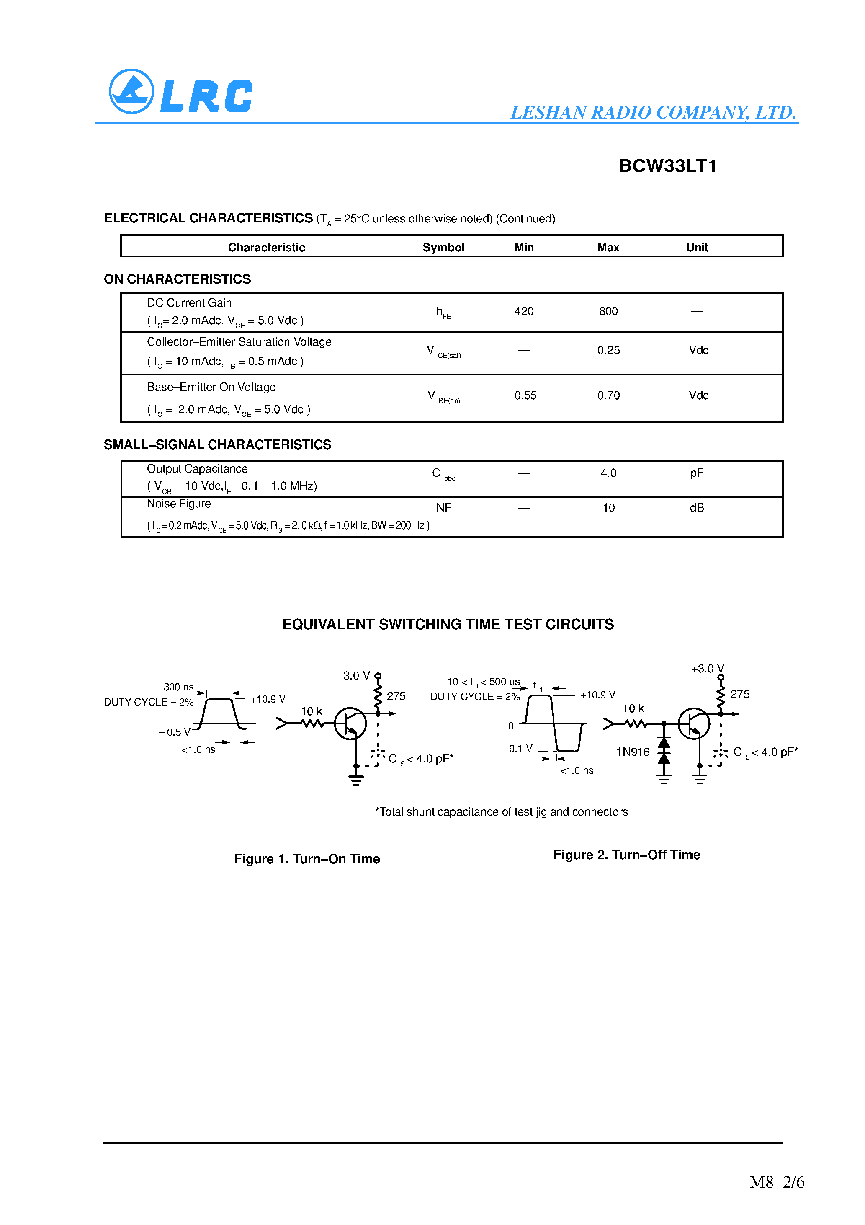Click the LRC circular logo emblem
pos(131,91)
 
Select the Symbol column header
pos(443,248)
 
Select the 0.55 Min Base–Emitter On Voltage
pos(525,395)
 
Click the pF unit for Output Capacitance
pos(696,473)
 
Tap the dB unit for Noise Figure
pos(696,508)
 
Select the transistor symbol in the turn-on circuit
pos(350,724)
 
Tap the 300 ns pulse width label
pos(178,687)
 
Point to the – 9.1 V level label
pos(516,749)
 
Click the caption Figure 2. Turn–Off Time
pos(627,855)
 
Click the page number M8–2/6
pos(777,1182)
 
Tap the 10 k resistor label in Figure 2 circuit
pos(633,708)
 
